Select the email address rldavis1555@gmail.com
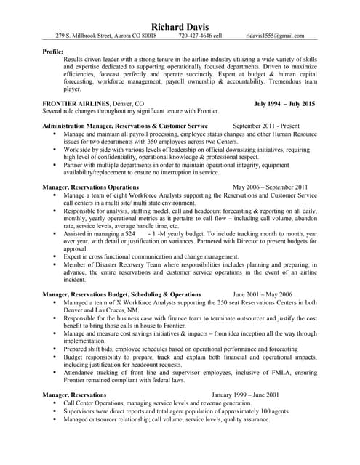tap(281, 34)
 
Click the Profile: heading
tap(52, 52)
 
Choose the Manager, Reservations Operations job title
tap(91, 187)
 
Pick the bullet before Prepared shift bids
tap(55, 349)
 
